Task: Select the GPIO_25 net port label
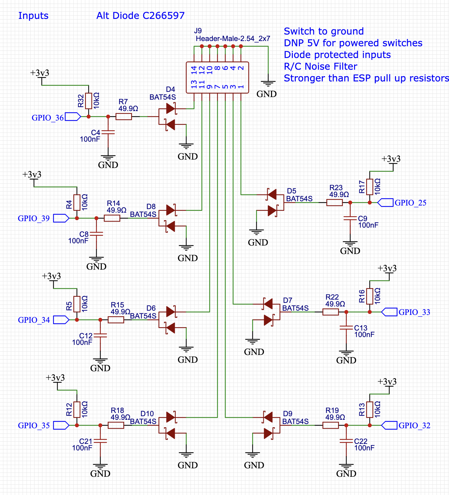(385, 203)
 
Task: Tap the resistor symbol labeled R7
(124, 117)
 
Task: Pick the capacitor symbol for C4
(108, 133)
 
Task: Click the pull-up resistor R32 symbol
(88, 101)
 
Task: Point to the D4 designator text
(170, 90)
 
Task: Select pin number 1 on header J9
(241, 87)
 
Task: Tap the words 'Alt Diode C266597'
(140, 16)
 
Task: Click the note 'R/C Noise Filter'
(320, 66)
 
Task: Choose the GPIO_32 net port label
(389, 425)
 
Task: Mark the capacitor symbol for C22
(346, 441)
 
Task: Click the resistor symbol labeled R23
(334, 203)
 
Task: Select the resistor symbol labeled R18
(116, 425)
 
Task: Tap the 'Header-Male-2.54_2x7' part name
(233, 39)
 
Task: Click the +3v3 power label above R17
(391, 160)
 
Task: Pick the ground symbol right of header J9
(268, 84)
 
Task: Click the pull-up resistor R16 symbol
(370, 296)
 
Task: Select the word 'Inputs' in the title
(33, 16)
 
